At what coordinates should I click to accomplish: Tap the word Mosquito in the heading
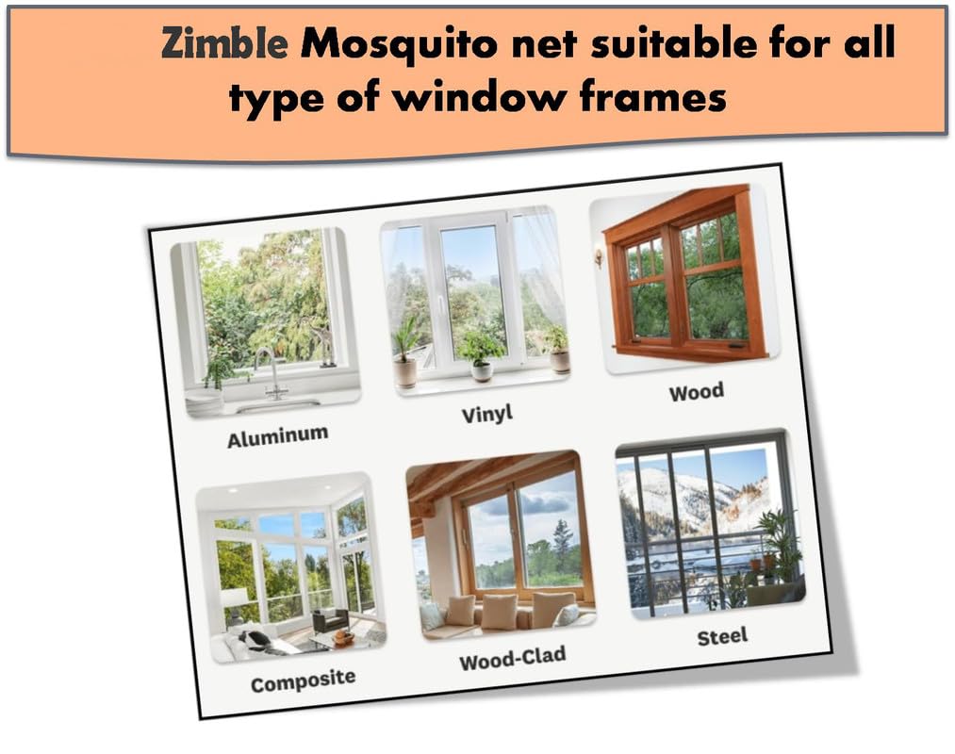click(x=399, y=45)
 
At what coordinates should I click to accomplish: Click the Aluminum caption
click(x=278, y=436)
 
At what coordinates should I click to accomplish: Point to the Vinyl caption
click(x=487, y=414)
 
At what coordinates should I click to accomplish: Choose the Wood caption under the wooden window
click(x=696, y=392)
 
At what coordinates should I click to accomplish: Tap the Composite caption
click(x=304, y=680)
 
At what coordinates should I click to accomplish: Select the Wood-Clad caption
click(x=513, y=659)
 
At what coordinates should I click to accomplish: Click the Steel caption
click(x=722, y=637)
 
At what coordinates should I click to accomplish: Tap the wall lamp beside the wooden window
click(x=599, y=256)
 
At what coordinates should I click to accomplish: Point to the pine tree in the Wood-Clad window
click(x=562, y=541)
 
